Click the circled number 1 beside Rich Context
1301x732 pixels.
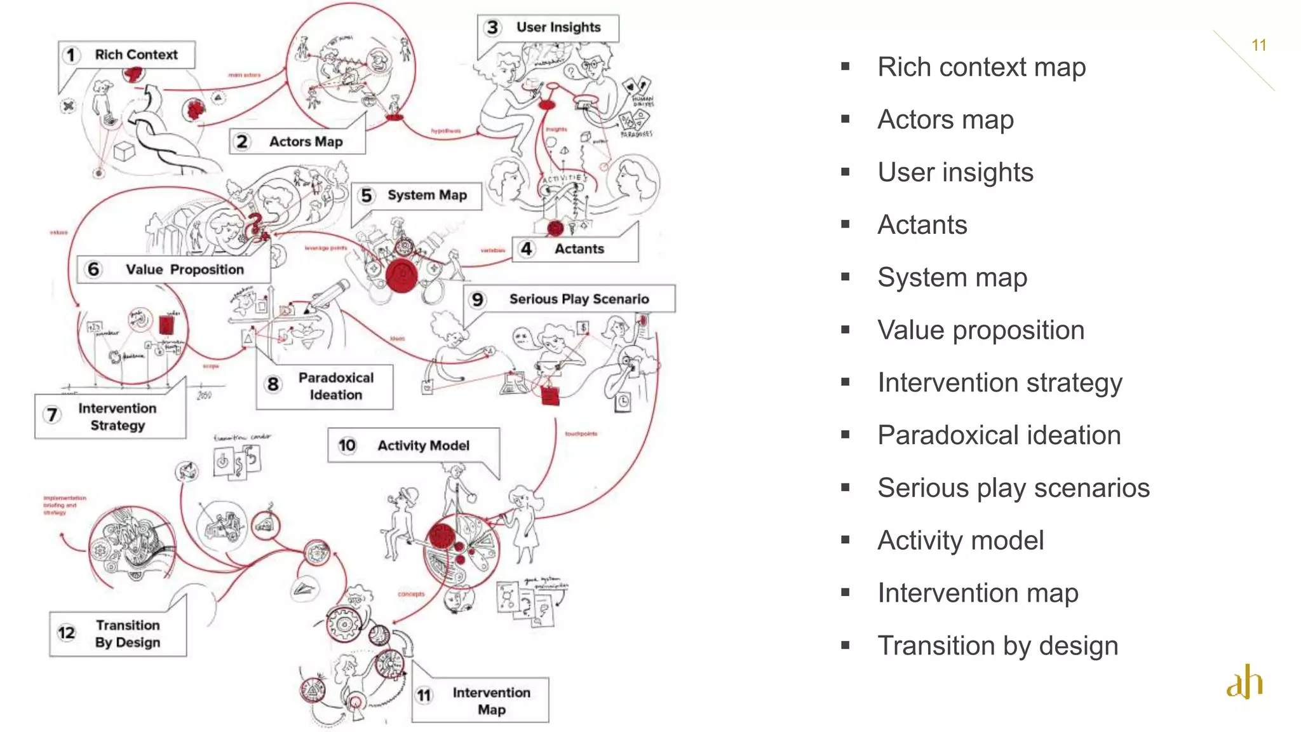(x=71, y=55)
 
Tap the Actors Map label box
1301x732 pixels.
(x=297, y=142)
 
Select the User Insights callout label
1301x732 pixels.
(x=548, y=28)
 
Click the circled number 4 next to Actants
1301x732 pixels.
(x=526, y=249)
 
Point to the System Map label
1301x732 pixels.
(x=417, y=196)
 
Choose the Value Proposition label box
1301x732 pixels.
(x=173, y=269)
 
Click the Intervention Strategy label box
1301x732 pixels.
(x=111, y=417)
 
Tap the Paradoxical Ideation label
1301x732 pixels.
(x=325, y=386)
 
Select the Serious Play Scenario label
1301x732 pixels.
(x=569, y=299)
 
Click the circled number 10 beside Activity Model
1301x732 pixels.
(x=347, y=445)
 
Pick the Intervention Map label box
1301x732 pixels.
(x=480, y=700)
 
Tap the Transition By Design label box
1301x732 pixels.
(x=118, y=634)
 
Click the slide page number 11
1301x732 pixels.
(x=1258, y=46)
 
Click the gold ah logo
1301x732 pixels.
(x=1244, y=682)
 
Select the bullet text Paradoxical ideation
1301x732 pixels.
(x=999, y=435)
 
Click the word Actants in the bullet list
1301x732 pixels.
(x=922, y=225)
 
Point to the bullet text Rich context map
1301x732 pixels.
(x=981, y=67)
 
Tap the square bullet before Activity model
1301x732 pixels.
(x=845, y=540)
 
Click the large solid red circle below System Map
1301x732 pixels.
(x=401, y=276)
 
